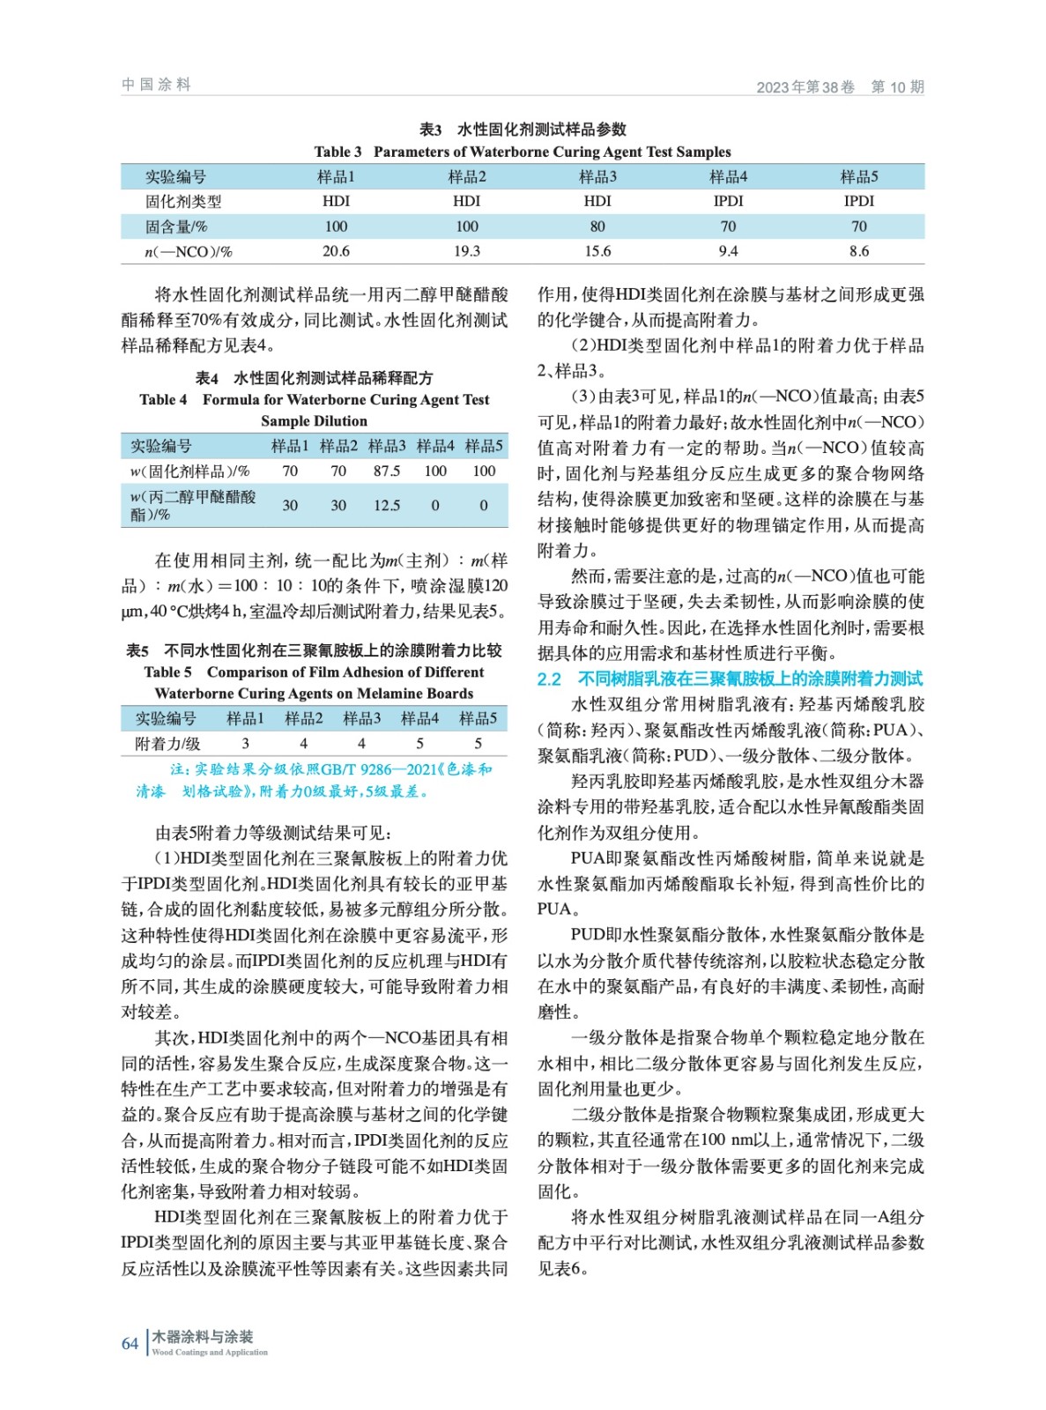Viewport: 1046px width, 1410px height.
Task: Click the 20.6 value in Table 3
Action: pyautogui.click(x=336, y=251)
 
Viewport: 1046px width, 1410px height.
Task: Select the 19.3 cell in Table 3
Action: pyautogui.click(x=467, y=251)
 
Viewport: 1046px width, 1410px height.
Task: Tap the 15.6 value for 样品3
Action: pyautogui.click(x=597, y=251)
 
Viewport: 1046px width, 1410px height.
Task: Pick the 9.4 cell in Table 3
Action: pyautogui.click(x=728, y=251)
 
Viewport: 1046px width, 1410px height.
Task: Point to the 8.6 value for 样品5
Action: pyautogui.click(x=858, y=251)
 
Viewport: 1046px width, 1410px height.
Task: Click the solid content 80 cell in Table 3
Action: pyautogui.click(x=597, y=226)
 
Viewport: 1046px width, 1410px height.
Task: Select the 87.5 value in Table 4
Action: pyautogui.click(x=387, y=471)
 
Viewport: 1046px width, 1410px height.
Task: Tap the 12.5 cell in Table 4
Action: pyautogui.click(x=387, y=505)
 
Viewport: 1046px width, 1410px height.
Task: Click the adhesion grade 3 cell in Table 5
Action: pyautogui.click(x=245, y=743)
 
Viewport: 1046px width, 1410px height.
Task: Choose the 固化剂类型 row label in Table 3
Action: pyautogui.click(x=183, y=201)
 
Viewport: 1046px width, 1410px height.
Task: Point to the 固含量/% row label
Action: pyautogui.click(x=176, y=226)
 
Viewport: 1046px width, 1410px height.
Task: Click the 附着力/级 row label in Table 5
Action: pyautogui.click(x=167, y=743)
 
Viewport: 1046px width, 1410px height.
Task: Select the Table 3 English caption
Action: pyautogui.click(x=523, y=152)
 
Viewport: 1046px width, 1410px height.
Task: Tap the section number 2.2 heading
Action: pyautogui.click(x=549, y=679)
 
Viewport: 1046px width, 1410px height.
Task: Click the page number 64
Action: pyautogui.click(x=130, y=1344)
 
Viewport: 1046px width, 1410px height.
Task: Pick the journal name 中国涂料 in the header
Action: pyautogui.click(x=156, y=85)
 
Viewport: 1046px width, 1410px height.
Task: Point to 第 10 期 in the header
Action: pyautogui.click(x=897, y=86)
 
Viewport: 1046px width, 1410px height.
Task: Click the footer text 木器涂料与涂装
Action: pyautogui.click(x=202, y=1336)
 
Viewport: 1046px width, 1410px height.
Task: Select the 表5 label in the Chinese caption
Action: pyautogui.click(x=137, y=650)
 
